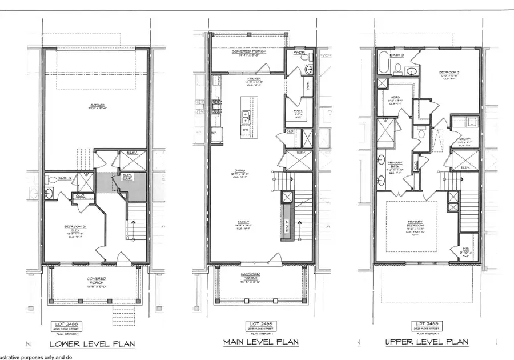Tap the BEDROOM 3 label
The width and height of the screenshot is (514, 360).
pos(448,74)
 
